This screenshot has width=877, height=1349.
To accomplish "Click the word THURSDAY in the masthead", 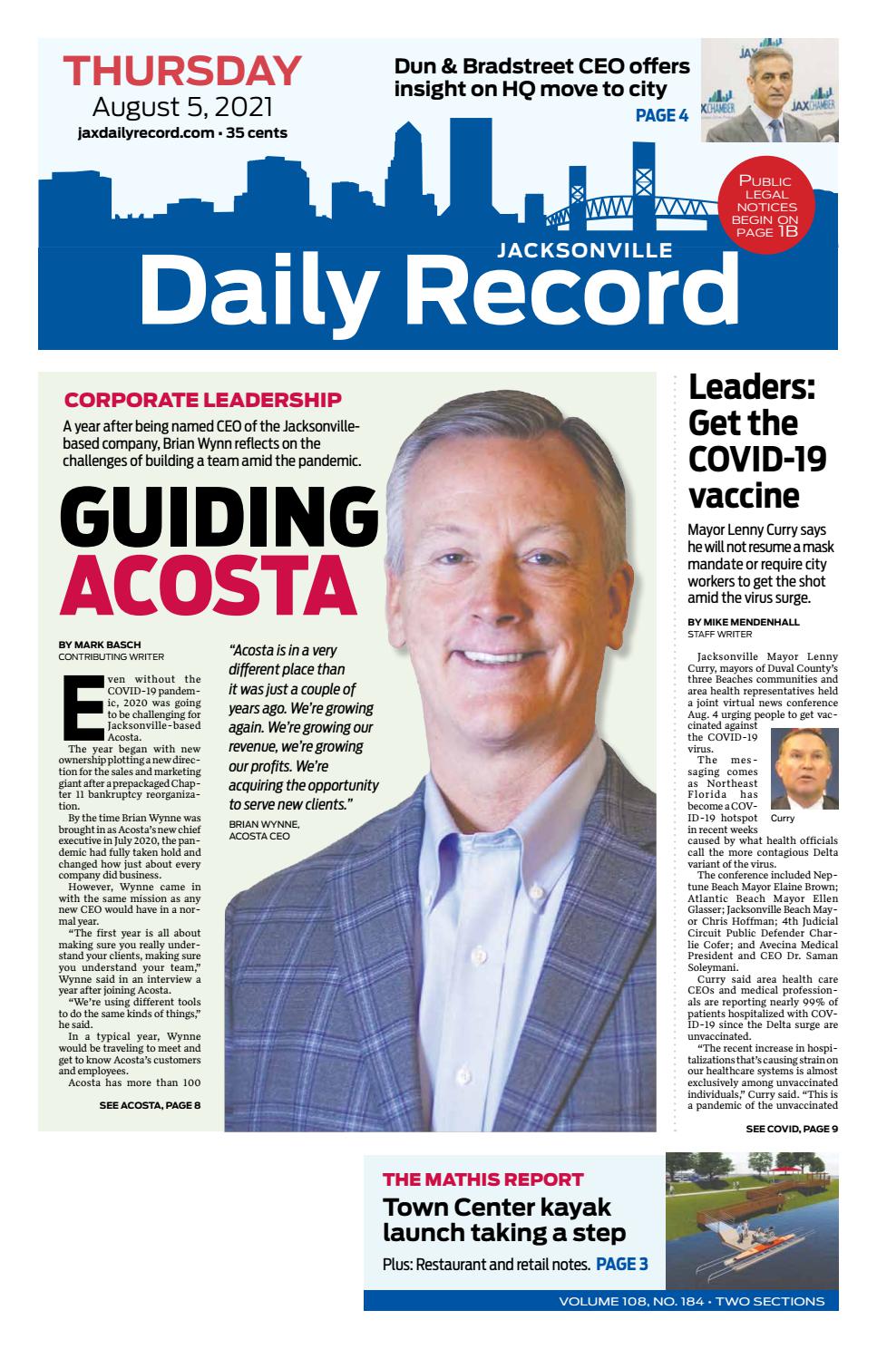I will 182,72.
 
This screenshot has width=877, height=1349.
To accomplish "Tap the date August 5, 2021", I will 182,107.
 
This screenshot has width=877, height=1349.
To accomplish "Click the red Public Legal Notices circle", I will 764,207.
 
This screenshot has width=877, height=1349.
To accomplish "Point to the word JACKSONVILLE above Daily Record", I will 584,250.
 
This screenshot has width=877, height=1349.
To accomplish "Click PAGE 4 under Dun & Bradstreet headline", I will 661,115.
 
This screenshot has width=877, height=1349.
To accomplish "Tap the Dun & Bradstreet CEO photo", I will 769,91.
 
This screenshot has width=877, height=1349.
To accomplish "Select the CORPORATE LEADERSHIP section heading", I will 202,399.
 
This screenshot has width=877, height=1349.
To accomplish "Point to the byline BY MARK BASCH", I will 100,645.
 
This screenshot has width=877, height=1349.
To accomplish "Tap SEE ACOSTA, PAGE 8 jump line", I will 150,1105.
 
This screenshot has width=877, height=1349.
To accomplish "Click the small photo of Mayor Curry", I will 804,769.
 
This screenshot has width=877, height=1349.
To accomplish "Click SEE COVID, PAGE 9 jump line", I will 791,1129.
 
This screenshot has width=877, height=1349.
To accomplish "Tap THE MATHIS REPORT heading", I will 482,1179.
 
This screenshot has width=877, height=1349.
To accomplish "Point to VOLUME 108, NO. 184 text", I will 633,1301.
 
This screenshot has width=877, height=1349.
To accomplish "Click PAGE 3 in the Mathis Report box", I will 621,1264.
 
